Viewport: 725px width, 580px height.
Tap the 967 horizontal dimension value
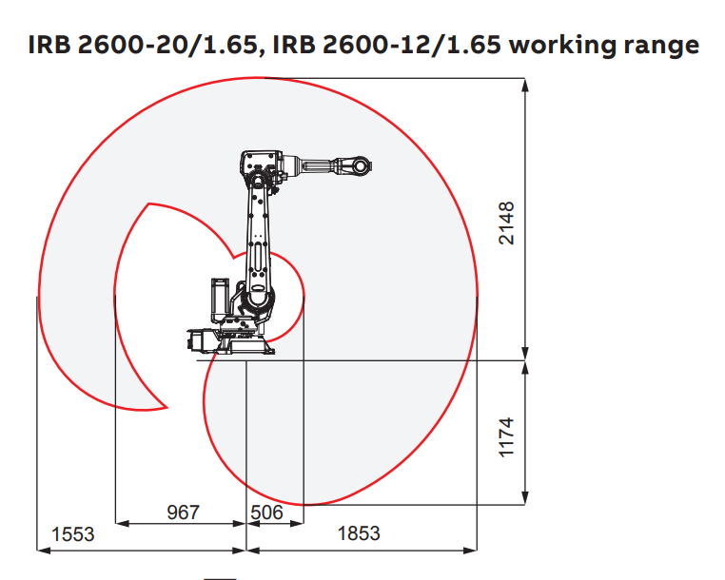tap(183, 512)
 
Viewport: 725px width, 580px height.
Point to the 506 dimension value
tap(266, 512)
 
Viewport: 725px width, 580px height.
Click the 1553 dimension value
tap(74, 534)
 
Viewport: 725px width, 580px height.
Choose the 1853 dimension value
tap(359, 534)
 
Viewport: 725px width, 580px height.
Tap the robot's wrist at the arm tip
tap(359, 166)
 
